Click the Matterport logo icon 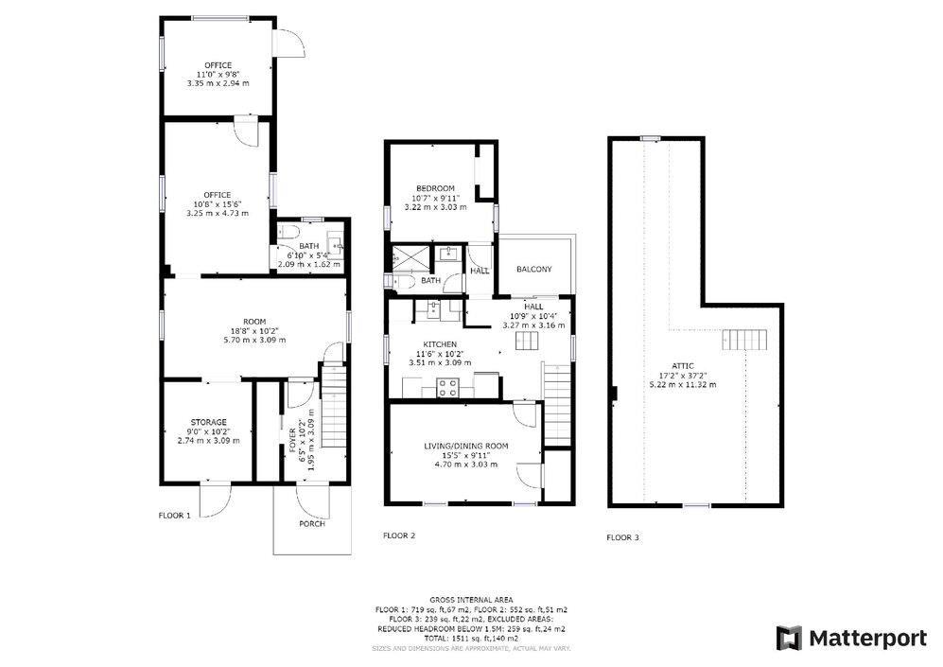click(789, 638)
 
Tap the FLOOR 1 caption click(175, 516)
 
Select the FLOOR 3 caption click(622, 537)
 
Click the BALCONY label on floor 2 click(533, 270)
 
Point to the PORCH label click(311, 523)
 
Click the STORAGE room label click(208, 422)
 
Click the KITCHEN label click(440, 344)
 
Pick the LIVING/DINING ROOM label click(465, 446)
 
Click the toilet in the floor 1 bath click(288, 233)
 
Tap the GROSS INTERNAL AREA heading click(471, 600)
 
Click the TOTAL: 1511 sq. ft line click(471, 639)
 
